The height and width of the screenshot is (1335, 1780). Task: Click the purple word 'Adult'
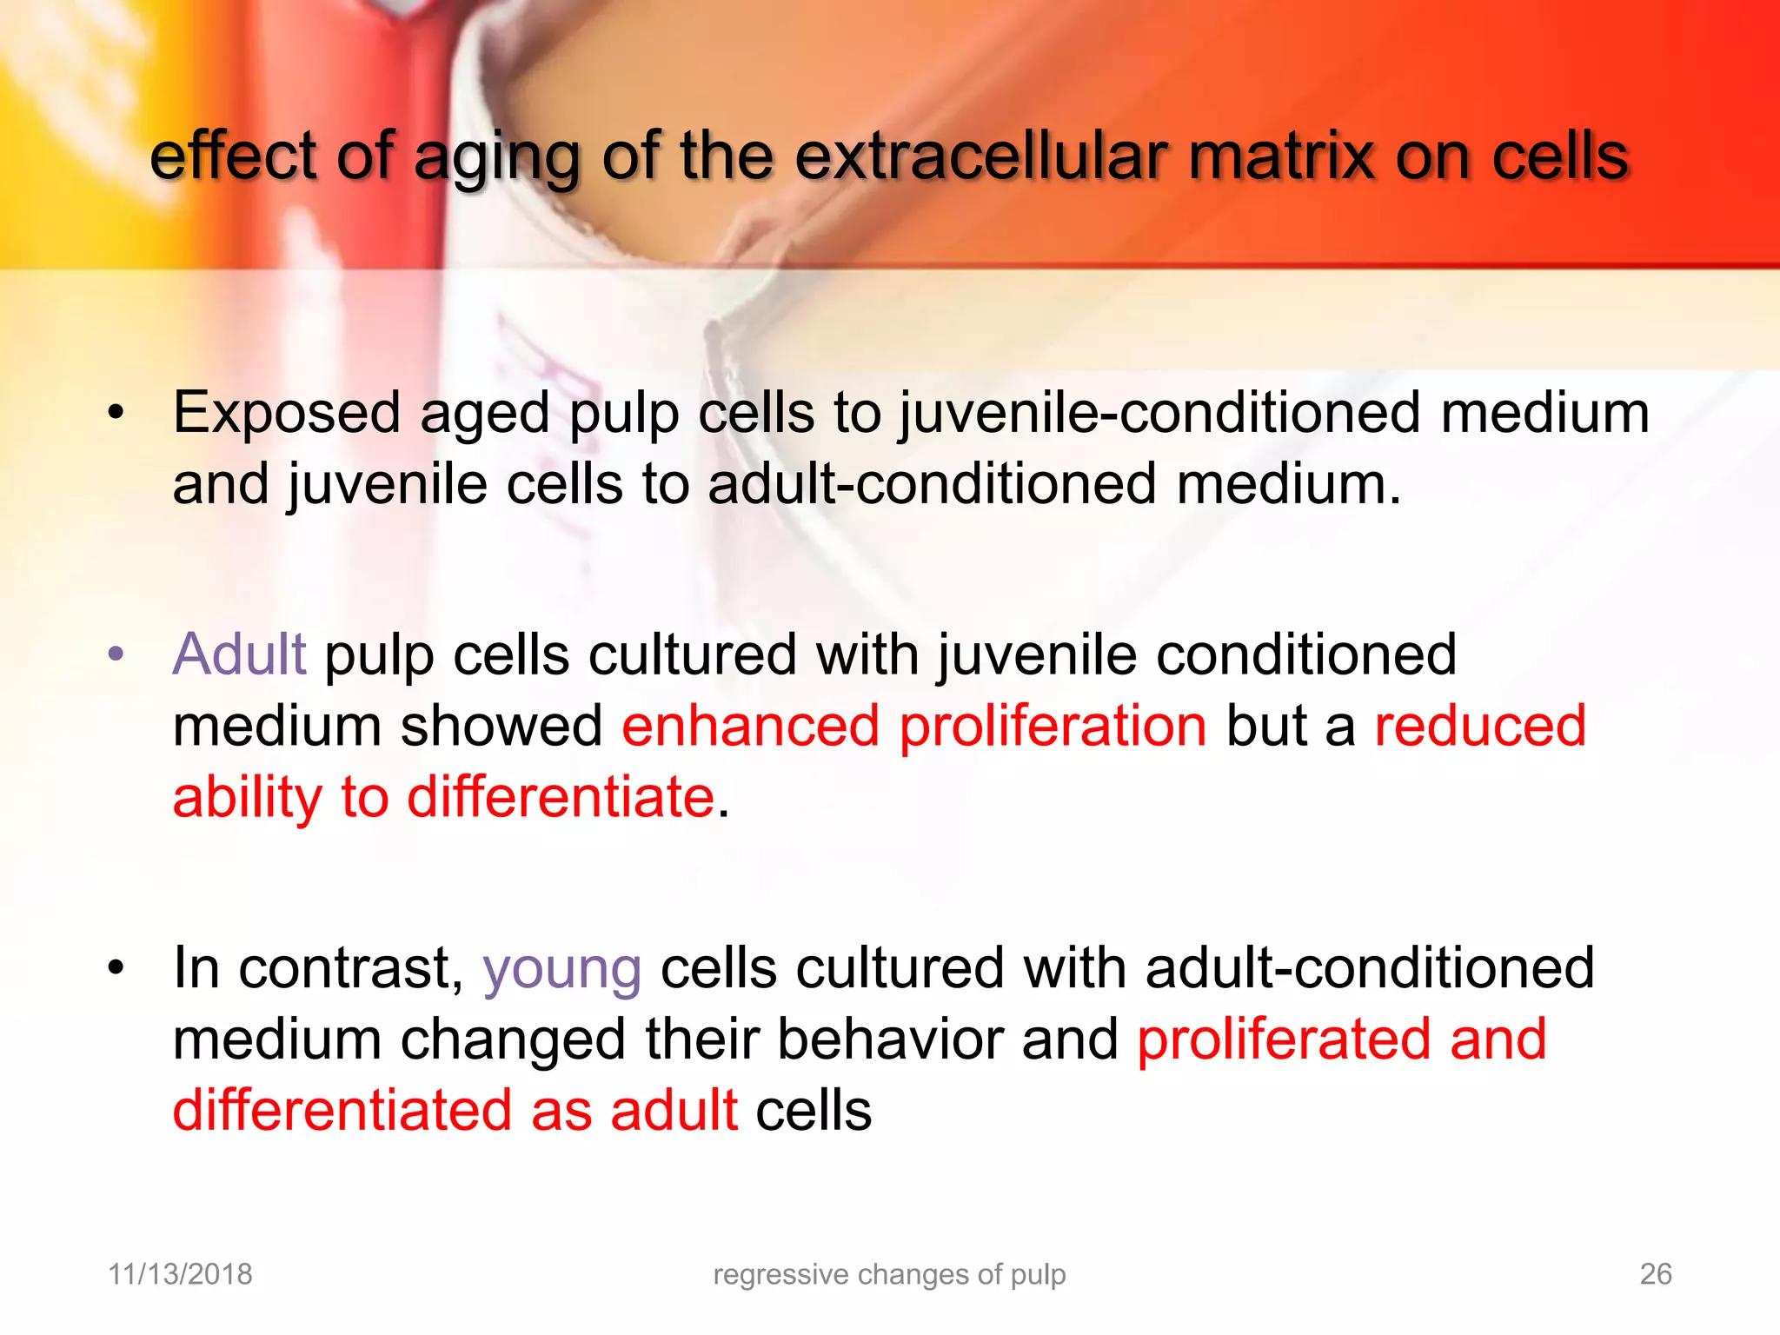pyautogui.click(x=239, y=654)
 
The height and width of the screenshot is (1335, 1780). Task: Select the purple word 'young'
pyautogui.click(x=561, y=969)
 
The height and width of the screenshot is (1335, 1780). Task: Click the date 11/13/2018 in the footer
pyautogui.click(x=180, y=1274)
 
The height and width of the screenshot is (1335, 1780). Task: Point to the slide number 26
pyautogui.click(x=1655, y=1274)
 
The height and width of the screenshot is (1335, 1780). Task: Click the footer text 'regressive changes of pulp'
pyautogui.click(x=889, y=1274)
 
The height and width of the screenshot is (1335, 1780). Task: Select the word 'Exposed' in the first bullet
pyautogui.click(x=286, y=414)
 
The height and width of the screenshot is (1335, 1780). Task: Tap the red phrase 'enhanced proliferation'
pyautogui.click(x=913, y=726)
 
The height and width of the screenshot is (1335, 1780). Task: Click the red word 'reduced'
pyautogui.click(x=1479, y=726)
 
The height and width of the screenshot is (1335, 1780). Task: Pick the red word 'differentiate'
pyautogui.click(x=561, y=797)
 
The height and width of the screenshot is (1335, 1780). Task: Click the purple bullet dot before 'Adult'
pyautogui.click(x=116, y=654)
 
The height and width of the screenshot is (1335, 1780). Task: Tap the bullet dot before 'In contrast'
pyautogui.click(x=116, y=967)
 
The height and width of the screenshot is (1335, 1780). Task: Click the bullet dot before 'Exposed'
pyautogui.click(x=116, y=413)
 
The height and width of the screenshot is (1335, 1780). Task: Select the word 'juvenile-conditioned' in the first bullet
pyautogui.click(x=1160, y=414)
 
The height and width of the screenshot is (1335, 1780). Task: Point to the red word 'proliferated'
pyautogui.click(x=1283, y=1039)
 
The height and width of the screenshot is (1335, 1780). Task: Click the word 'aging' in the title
pyautogui.click(x=495, y=158)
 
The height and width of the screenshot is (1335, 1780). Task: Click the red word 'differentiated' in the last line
pyautogui.click(x=342, y=1111)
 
